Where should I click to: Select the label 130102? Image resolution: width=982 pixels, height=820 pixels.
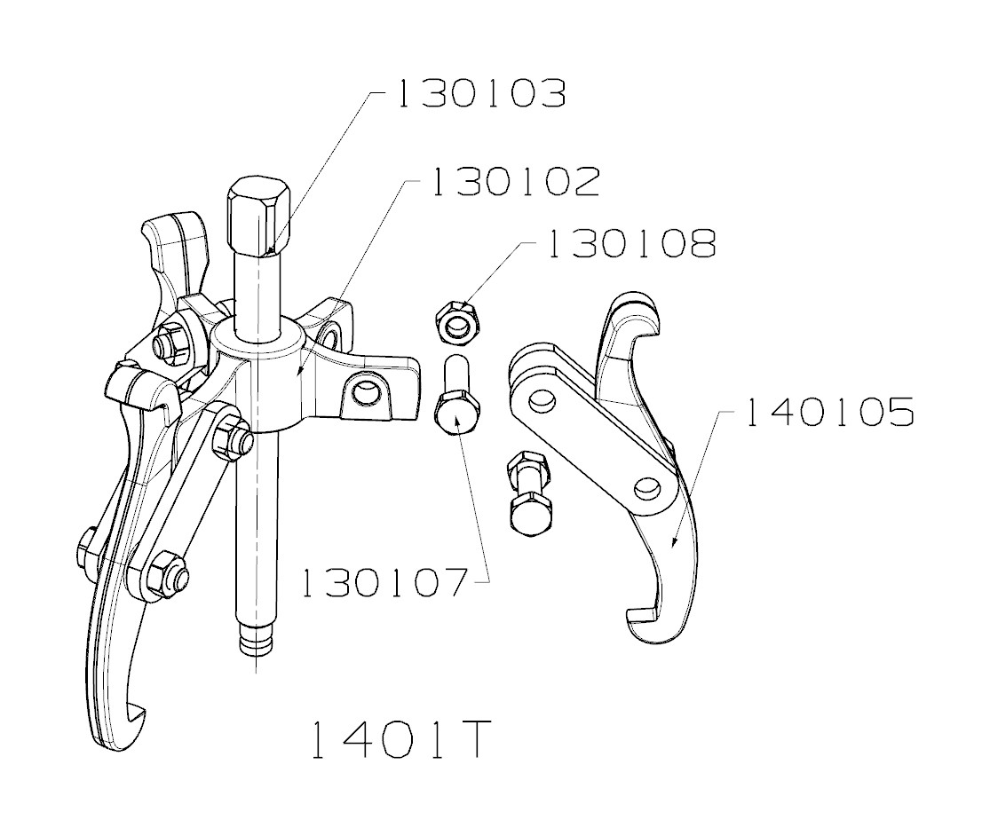tap(517, 182)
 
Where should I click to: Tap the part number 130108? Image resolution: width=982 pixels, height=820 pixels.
tap(632, 243)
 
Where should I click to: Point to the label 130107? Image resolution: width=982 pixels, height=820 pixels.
tap(384, 583)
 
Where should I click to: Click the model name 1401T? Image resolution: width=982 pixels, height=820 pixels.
tap(400, 739)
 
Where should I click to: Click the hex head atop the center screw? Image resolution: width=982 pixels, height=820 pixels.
tap(258, 215)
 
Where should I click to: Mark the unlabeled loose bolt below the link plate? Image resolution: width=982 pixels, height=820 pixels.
tap(530, 494)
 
